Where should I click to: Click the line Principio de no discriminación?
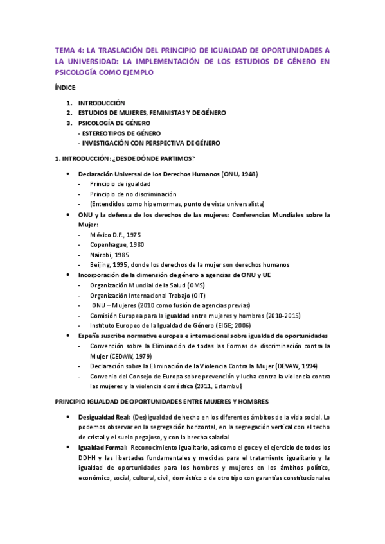click(x=133, y=194)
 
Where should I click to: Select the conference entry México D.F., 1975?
click(x=116, y=235)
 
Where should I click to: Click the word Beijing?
click(x=102, y=264)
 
